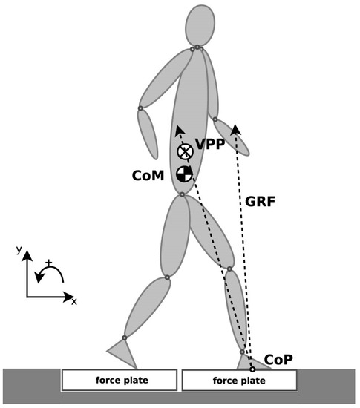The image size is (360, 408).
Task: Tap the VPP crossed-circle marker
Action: (185, 152)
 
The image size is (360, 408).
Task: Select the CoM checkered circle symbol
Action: (184, 174)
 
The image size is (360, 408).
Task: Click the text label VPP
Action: (209, 145)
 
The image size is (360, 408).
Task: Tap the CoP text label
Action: (279, 359)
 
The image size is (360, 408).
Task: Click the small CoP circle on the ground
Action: (252, 369)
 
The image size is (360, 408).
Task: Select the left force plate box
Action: (121, 381)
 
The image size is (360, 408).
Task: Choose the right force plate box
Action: (239, 381)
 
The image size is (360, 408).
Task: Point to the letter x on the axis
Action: (75, 301)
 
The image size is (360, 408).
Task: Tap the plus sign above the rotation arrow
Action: (49, 263)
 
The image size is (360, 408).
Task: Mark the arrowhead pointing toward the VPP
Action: (178, 130)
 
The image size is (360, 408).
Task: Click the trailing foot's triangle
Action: (123, 353)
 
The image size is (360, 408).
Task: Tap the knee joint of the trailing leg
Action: (167, 277)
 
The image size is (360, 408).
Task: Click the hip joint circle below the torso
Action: (182, 196)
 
